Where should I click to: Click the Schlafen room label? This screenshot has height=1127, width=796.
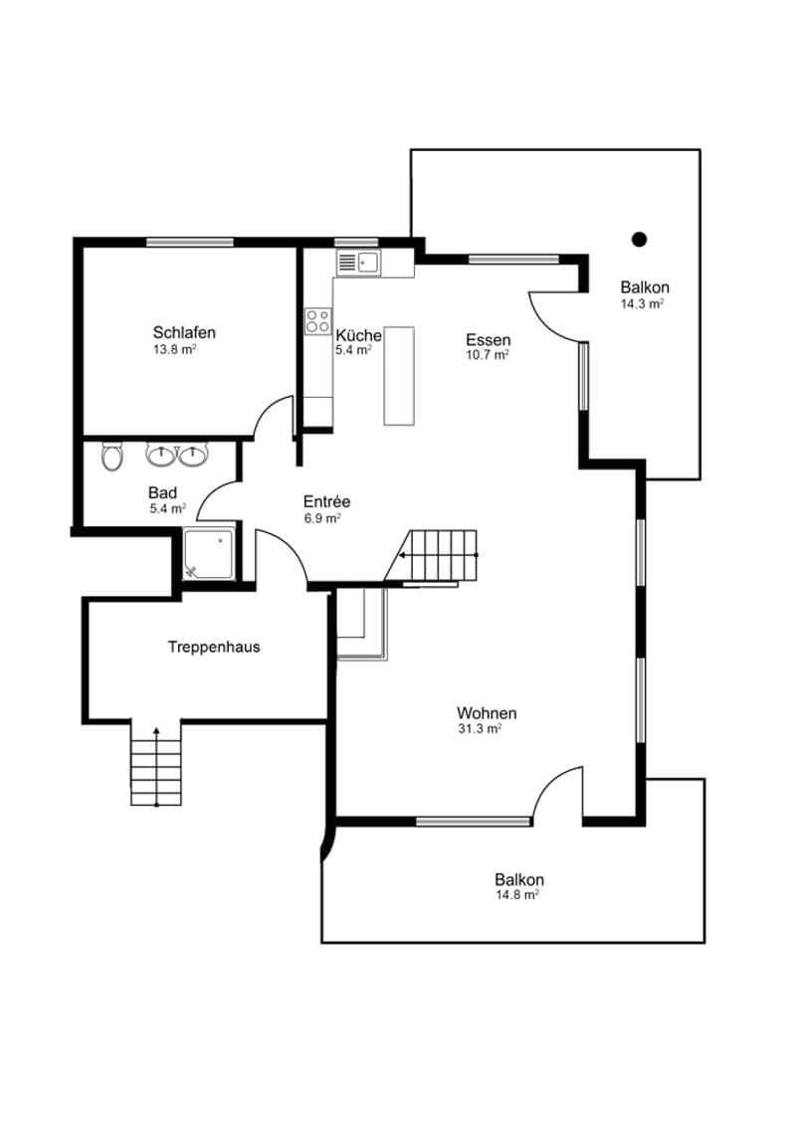coord(184,333)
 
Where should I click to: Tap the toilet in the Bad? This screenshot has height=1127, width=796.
coord(111,456)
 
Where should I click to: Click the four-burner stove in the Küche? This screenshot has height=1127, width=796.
coord(317,320)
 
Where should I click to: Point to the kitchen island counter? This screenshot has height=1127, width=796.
coord(399,376)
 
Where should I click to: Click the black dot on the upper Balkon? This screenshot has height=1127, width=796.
coord(639,240)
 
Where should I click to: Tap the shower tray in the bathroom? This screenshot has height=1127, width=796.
coord(209,554)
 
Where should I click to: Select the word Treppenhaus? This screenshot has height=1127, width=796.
coord(214,647)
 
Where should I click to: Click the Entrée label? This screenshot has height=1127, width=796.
coord(326,501)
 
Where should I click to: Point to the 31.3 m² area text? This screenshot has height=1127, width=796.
coord(480,729)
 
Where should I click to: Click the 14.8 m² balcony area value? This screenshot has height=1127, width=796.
coord(517,895)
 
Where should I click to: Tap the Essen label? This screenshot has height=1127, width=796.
coord(489,340)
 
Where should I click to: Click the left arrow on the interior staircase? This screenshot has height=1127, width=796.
coord(438,555)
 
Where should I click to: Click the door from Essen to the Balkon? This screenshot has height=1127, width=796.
coord(555,316)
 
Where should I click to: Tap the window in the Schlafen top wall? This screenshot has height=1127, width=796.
coord(190,243)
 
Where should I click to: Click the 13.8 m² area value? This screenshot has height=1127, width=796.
coord(175,350)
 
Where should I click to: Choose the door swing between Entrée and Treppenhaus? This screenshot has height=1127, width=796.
coord(282,556)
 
